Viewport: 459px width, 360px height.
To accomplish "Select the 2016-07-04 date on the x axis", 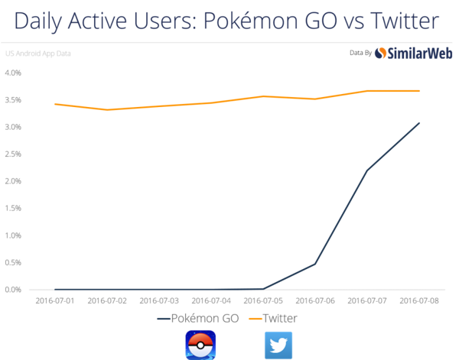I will (213, 301).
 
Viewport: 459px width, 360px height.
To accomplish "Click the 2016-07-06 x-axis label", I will (316, 301).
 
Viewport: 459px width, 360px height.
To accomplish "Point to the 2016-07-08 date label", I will (419, 301).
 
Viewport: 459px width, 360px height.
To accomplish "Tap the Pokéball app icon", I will (200, 345).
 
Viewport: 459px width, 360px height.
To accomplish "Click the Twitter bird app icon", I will (278, 345).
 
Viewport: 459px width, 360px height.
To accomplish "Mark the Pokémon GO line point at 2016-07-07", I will (368, 169).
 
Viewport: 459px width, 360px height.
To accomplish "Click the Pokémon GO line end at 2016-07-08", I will (419, 122).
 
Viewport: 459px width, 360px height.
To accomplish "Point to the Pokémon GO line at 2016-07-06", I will (316, 264).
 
